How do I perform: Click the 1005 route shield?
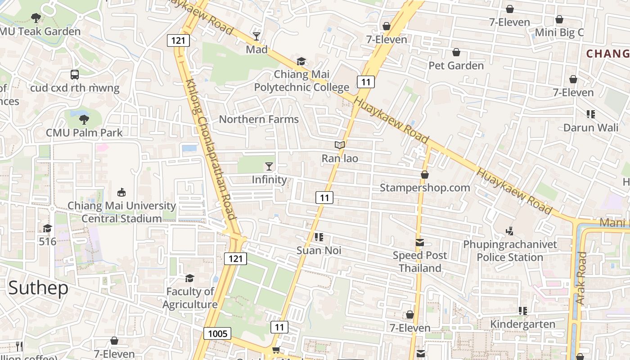(x=217, y=333)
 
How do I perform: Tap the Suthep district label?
(x=38, y=288)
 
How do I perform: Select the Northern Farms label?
(x=259, y=119)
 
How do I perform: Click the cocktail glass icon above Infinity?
(x=269, y=167)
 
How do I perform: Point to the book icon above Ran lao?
(x=340, y=145)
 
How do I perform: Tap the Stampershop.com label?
(x=425, y=188)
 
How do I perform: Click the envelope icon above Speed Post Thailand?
(x=420, y=243)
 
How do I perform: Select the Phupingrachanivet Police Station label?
(x=510, y=251)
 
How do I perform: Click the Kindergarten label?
(x=522, y=324)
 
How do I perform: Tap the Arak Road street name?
(x=581, y=278)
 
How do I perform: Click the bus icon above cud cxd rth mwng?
(x=75, y=75)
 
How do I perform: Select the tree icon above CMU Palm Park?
(x=84, y=120)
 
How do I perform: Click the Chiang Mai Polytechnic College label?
(x=301, y=81)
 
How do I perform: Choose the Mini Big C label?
(x=559, y=32)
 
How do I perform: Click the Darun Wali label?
(x=591, y=127)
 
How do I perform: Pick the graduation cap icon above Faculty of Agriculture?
(x=190, y=278)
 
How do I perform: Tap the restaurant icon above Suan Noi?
(x=319, y=237)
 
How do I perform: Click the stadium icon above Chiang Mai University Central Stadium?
(x=121, y=193)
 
